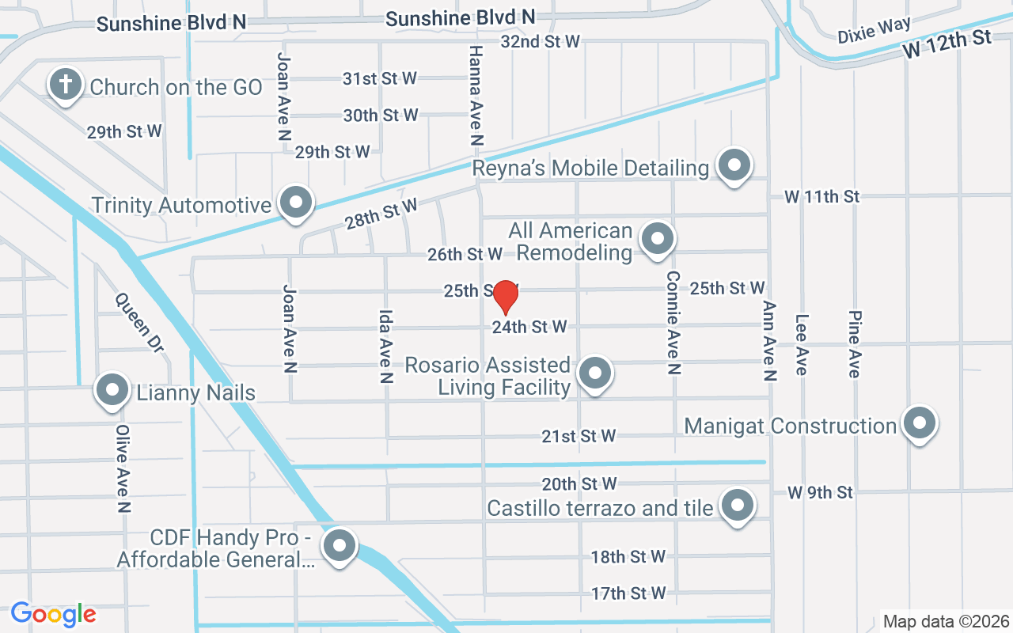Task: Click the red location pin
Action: click(505, 298)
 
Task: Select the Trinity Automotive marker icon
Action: click(297, 203)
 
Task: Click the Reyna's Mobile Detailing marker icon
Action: click(734, 165)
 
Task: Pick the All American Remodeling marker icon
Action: click(656, 238)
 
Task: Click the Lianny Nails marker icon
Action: click(112, 390)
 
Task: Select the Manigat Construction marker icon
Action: click(919, 423)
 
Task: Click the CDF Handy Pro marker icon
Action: click(340, 545)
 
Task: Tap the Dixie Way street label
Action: click(875, 30)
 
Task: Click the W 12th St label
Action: click(947, 44)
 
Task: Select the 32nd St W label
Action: click(541, 41)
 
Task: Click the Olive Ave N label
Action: click(123, 468)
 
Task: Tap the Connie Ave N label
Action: click(673, 322)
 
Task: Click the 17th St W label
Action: click(628, 593)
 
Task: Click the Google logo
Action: click(53, 614)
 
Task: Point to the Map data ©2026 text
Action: click(946, 621)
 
